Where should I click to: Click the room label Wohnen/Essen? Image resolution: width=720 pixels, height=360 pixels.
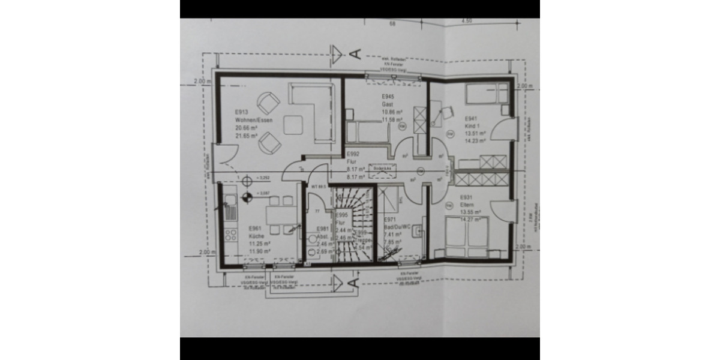(x=254, y=121)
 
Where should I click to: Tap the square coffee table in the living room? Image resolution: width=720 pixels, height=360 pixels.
(x=293, y=124)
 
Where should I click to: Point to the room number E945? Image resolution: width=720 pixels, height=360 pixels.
(x=387, y=97)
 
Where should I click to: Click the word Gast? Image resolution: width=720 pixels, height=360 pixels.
(x=386, y=104)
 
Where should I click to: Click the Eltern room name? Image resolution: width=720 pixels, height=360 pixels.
(x=467, y=205)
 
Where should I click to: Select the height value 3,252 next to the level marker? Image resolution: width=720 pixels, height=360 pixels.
(x=262, y=178)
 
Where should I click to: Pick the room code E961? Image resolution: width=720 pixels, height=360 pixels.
(x=255, y=228)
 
